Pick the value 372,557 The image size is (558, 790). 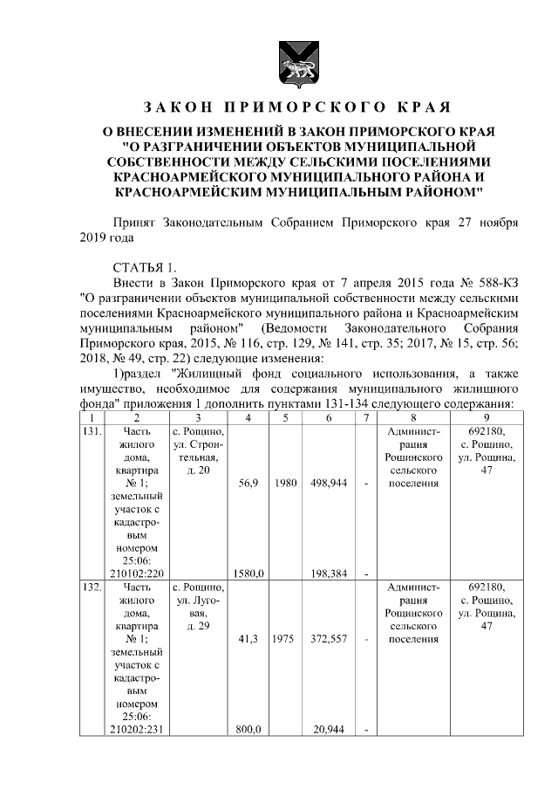coord(329,639)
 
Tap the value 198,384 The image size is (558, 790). coord(329,574)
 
